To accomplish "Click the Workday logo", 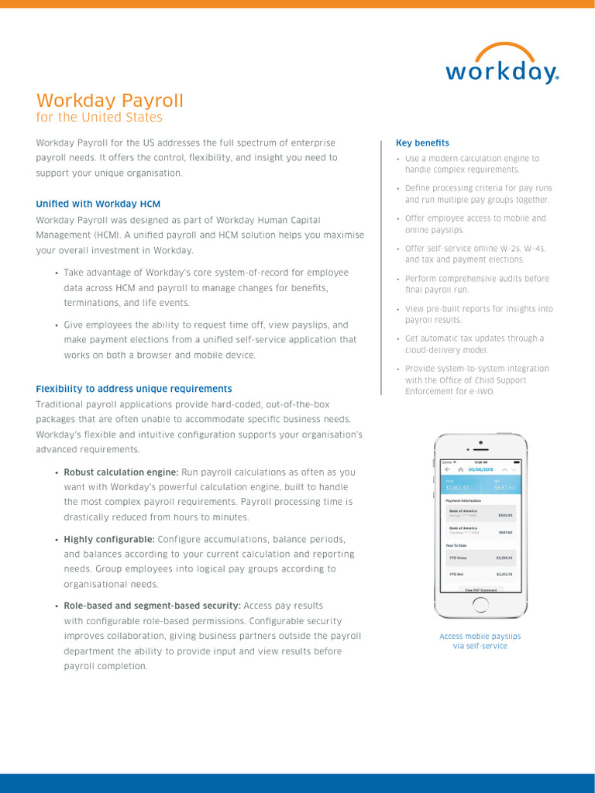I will [501, 64].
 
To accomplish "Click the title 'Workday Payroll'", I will [110, 101].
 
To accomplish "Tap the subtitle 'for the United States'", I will [99, 118].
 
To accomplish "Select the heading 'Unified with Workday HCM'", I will [98, 204].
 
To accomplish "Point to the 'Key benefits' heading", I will [422, 142].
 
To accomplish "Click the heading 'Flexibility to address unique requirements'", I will [134, 388].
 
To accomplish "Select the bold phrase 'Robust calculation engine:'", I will [121, 472].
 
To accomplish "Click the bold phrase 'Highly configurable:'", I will [109, 539].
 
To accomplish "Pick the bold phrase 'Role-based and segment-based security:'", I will [152, 606].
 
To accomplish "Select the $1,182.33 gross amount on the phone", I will [456, 488].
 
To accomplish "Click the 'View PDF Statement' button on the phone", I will [480, 589].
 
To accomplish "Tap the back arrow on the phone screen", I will [448, 469].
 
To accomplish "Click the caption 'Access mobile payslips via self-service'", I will [480, 640].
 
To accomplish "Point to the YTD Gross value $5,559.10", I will [504, 558].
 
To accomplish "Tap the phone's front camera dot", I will [480, 443].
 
